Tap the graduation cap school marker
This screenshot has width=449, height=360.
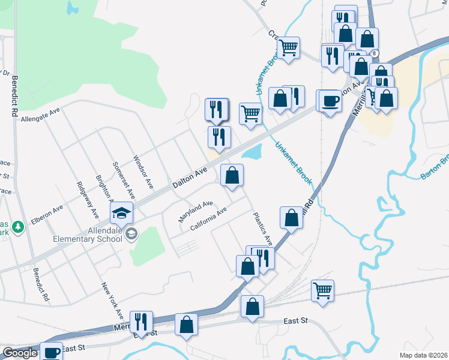click(121, 212)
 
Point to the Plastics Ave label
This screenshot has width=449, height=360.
click(262, 229)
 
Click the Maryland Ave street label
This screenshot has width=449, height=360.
click(196, 212)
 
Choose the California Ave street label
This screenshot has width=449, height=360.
click(208, 219)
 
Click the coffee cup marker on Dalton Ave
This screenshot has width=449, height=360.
click(329, 100)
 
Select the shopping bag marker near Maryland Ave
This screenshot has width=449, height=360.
click(232, 176)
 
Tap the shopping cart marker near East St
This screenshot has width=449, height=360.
click(322, 291)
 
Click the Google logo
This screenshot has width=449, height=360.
click(20, 353)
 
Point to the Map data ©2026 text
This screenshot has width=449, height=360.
click(424, 355)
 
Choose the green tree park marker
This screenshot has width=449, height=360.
click(18, 226)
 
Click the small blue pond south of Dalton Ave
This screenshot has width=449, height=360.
click(252, 152)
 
